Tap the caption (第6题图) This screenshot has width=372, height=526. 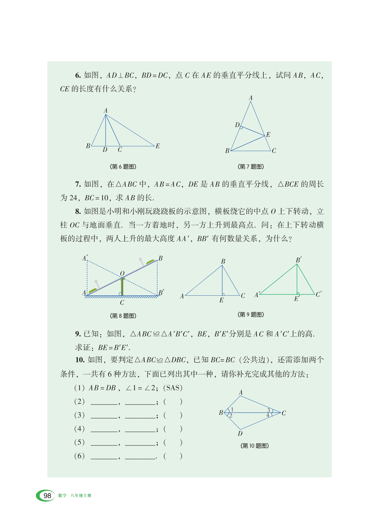(x=123, y=167)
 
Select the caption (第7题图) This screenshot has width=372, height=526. (x=251, y=167)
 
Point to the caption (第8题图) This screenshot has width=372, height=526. (x=123, y=316)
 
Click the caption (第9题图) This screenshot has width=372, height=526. (x=251, y=315)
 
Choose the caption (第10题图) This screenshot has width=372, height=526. (x=254, y=446)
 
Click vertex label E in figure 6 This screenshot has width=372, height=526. (x=158, y=146)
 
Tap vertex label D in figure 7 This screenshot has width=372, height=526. (x=237, y=125)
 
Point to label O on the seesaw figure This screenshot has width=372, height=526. (x=122, y=273)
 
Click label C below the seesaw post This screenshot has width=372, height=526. (x=122, y=303)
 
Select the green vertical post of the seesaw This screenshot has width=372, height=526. (x=122, y=286)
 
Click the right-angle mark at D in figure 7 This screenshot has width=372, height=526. (x=241, y=128)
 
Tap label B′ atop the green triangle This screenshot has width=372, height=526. (x=299, y=260)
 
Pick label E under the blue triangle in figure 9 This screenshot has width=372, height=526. (x=221, y=300)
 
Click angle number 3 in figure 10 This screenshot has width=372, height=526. (x=269, y=410)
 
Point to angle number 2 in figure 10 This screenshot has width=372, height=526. (x=231, y=415)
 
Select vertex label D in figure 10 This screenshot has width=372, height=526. (x=240, y=434)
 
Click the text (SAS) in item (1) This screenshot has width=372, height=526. (x=173, y=388)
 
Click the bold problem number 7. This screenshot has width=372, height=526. (x=78, y=184)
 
